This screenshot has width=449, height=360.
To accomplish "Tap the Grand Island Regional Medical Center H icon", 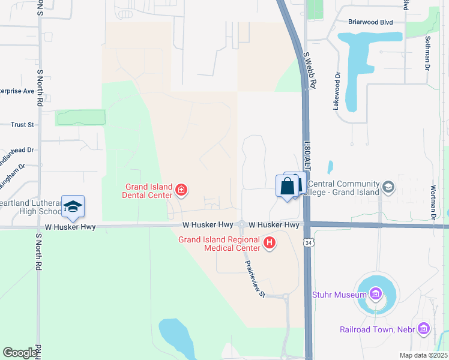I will [270, 242].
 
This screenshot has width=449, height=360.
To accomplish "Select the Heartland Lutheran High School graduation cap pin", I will [73, 207].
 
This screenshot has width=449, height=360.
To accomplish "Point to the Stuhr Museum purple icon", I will [376, 294].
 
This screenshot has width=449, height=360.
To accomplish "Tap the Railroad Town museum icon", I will [424, 328].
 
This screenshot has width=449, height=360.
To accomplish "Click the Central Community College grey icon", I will [388, 188].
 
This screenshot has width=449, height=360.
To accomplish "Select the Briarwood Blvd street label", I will [370, 22].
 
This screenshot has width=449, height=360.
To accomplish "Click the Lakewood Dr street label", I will [337, 91].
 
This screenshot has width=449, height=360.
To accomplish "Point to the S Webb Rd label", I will [310, 70].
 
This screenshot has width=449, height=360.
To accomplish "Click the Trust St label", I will [22, 125].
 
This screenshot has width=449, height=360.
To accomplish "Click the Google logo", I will [20, 352].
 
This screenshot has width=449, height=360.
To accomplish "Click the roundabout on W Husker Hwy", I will [241, 224].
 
